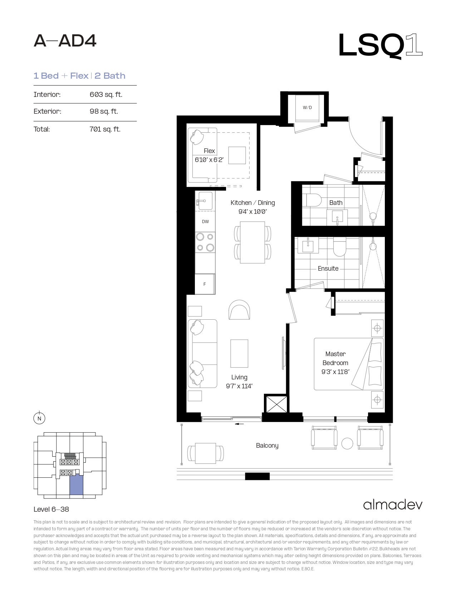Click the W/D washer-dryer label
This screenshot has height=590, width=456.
pyautogui.click(x=307, y=108)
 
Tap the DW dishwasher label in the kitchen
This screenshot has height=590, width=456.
pyautogui.click(x=205, y=222)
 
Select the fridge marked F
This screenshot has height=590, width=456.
pyautogui.click(x=205, y=284)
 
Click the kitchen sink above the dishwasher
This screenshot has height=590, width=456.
pyautogui.click(x=205, y=201)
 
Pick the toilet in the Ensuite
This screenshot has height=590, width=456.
pyautogui.click(x=339, y=247)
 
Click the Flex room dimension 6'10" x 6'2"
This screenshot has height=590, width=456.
pyautogui.click(x=209, y=159)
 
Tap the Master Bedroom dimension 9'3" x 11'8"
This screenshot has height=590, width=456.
pyautogui.click(x=335, y=372)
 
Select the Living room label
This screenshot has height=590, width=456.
pyautogui.click(x=239, y=377)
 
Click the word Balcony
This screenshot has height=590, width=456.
pyautogui.click(x=267, y=446)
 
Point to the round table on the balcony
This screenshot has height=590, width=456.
pyautogui.click(x=347, y=444)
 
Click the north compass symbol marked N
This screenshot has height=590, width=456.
pyautogui.click(x=39, y=418)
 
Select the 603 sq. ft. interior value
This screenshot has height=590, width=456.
pyautogui.click(x=106, y=94)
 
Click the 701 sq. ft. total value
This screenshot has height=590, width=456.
pyautogui.click(x=105, y=129)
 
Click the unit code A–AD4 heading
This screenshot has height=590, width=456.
pyautogui.click(x=65, y=41)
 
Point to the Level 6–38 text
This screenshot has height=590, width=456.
pyautogui.click(x=52, y=509)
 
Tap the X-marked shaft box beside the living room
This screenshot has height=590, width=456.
pyautogui.click(x=276, y=404)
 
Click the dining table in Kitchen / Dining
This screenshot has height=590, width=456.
pyautogui.click(x=252, y=242)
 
